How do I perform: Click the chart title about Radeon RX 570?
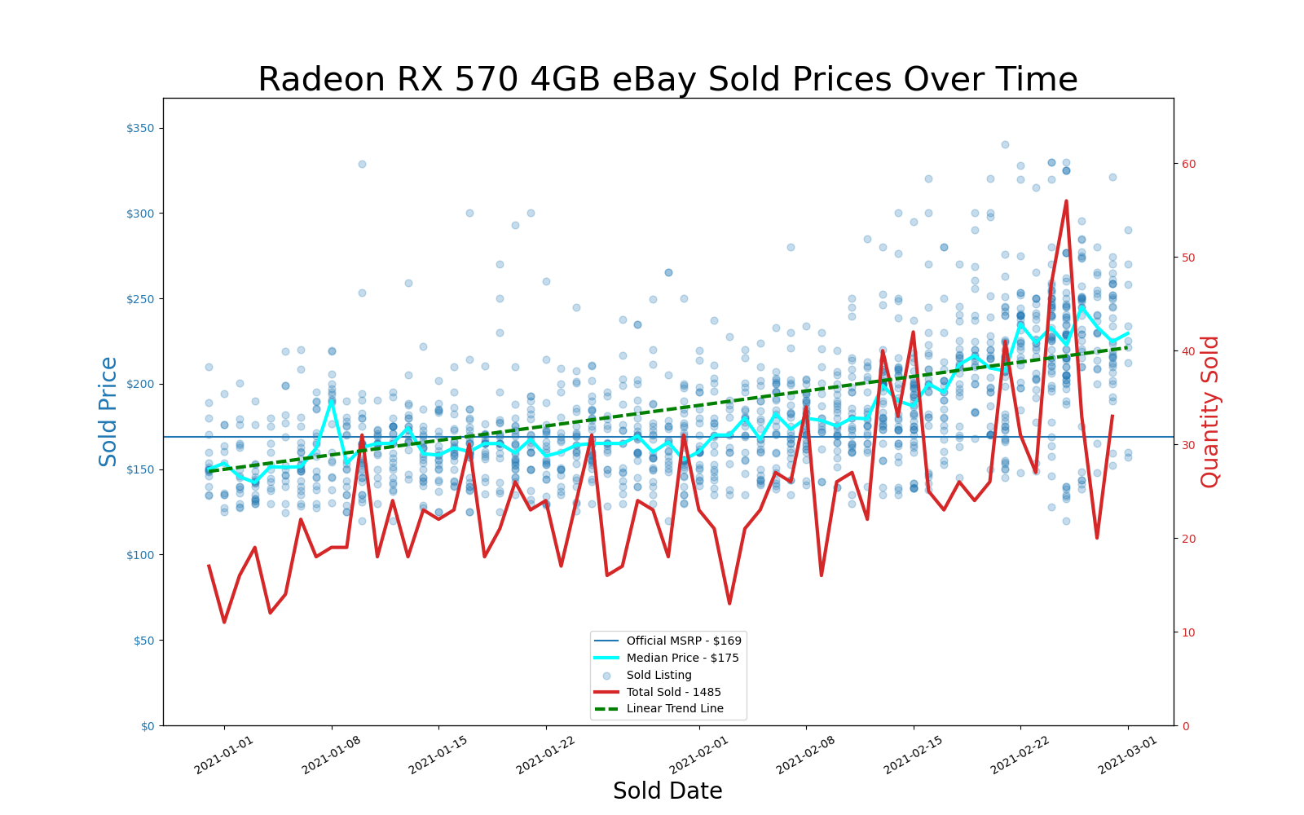click(667, 80)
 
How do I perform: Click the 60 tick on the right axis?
click(1189, 164)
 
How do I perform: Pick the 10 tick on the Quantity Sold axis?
click(1189, 632)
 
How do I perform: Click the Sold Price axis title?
click(108, 412)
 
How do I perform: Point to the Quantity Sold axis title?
click(1210, 412)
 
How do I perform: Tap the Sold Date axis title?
click(667, 791)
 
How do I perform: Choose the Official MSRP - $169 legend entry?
click(684, 641)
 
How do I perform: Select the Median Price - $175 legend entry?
click(682, 658)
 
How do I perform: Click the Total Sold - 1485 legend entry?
click(673, 692)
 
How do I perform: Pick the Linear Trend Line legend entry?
click(675, 708)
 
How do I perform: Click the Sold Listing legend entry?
click(659, 675)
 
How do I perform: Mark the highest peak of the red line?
click(1066, 200)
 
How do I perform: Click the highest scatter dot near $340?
click(1005, 144)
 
